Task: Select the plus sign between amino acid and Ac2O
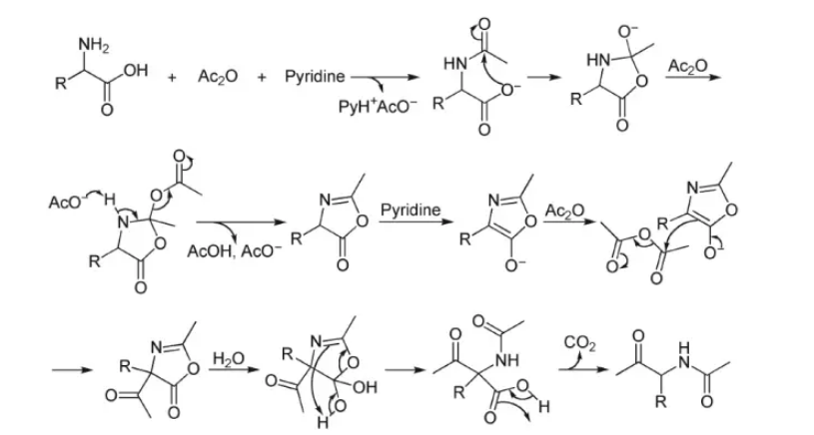pyautogui.click(x=173, y=76)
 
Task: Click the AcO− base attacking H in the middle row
pyautogui.click(x=65, y=201)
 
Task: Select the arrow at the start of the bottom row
pyautogui.click(x=68, y=371)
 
